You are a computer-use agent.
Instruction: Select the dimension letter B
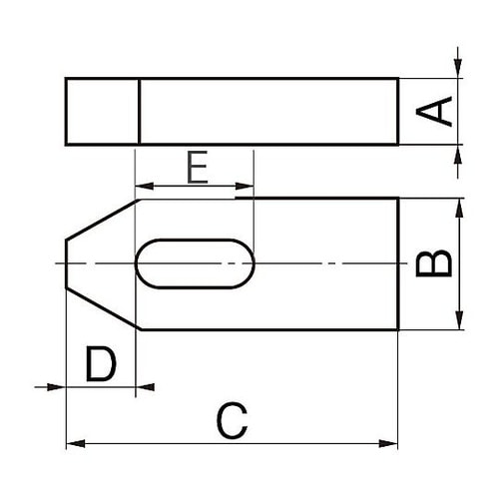pos(435,263)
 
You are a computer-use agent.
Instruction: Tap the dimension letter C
pos(231,420)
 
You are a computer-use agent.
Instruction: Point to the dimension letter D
pos(100,366)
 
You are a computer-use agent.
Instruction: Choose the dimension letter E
pos(197,168)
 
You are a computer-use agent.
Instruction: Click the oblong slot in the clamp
pos(195,263)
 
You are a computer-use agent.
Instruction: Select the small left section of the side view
pos(101,111)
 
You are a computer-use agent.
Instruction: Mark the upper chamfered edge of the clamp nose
pos(102,219)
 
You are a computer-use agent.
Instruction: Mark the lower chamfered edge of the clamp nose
pos(102,309)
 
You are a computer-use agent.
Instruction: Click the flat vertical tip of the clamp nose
pos(66,263)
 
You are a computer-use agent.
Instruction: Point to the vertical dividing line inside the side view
pos(138,111)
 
